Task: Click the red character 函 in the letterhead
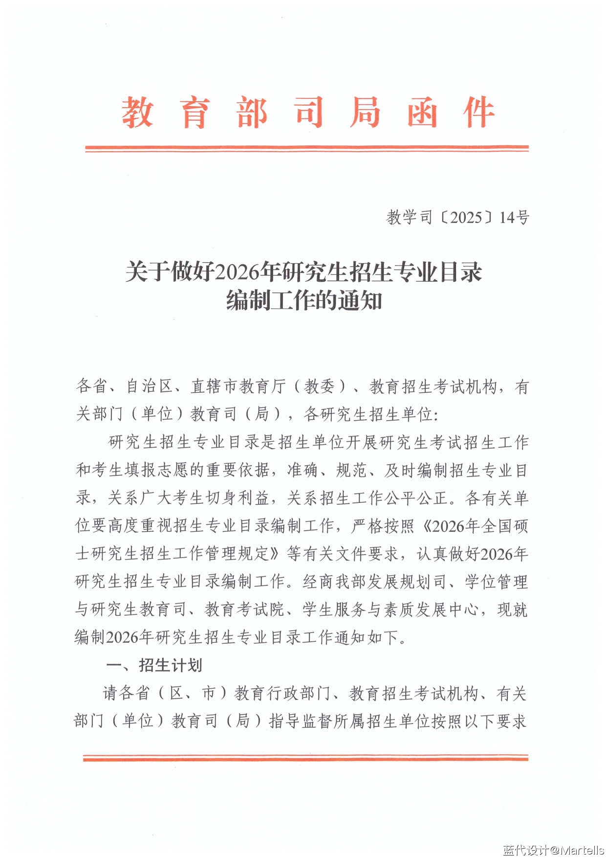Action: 422,113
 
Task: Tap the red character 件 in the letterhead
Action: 478,113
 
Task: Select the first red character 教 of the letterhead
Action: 137,113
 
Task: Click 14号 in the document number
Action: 514,217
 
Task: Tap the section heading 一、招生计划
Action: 154,665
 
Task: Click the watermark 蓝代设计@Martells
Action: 553,850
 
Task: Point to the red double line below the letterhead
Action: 307,148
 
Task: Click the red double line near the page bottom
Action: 305,758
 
